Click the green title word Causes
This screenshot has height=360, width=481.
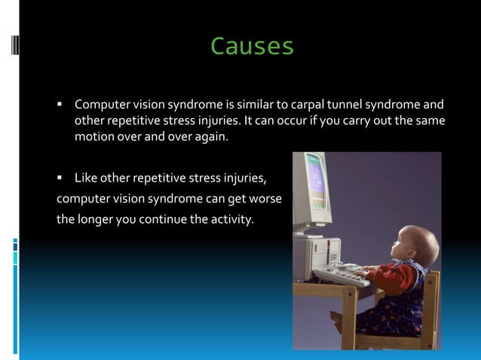point(252,47)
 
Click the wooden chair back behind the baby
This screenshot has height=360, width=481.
point(430,301)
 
